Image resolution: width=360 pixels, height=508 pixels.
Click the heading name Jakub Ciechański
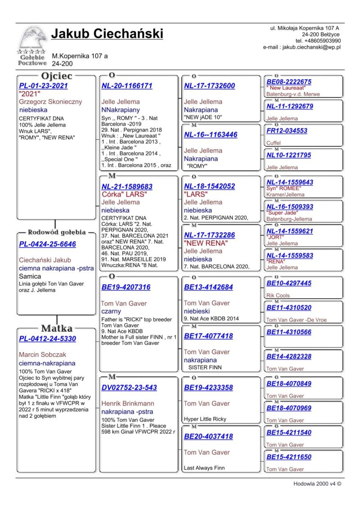(107, 34)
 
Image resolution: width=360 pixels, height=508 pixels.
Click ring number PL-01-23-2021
(44, 86)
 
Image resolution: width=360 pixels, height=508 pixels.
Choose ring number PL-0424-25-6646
(47, 244)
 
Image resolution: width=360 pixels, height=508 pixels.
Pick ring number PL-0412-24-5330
(47, 339)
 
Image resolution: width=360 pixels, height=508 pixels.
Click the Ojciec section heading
(57, 76)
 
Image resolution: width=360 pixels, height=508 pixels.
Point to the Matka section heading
(57, 328)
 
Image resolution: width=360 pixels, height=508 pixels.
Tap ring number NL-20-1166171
(127, 86)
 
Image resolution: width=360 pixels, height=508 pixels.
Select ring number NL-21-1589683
(127, 187)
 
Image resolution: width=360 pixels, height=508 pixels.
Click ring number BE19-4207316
(126, 287)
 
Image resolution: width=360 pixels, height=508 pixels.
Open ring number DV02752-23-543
(129, 388)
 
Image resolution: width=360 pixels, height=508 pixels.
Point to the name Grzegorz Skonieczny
(49, 102)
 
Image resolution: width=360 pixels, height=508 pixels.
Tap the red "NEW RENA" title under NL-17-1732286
(206, 243)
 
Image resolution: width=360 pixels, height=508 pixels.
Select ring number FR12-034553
(287, 131)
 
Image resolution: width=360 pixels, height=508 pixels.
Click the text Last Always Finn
(204, 468)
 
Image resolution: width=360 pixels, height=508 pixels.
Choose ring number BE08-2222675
(289, 82)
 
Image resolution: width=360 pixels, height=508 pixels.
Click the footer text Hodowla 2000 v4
(314, 484)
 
